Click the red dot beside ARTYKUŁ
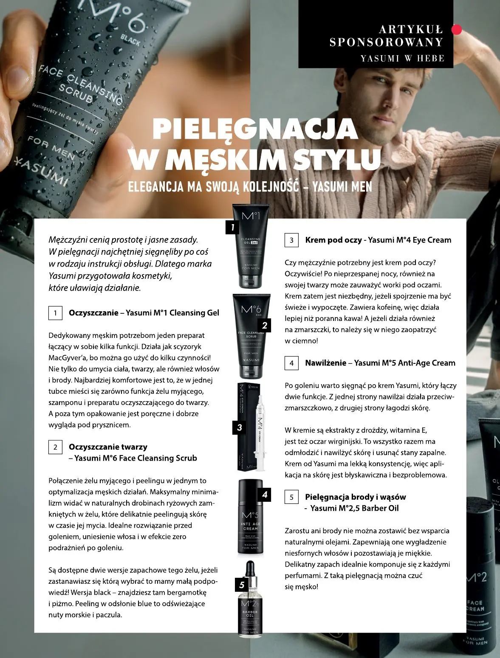[x=456, y=29]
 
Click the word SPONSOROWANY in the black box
[x=386, y=42]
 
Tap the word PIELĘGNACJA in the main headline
[x=255, y=129]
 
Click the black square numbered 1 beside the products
[x=232, y=227]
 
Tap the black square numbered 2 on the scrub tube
[x=264, y=325]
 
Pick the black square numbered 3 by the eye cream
[x=239, y=427]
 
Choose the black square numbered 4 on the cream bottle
[x=265, y=494]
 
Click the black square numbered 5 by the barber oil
[x=242, y=585]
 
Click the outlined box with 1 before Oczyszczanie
[x=55, y=313]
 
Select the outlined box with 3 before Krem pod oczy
[x=291, y=240]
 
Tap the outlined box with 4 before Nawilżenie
[x=291, y=363]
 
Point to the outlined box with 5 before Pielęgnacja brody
[x=291, y=498]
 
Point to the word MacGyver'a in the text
[x=68, y=358]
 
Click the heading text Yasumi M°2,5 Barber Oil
[x=354, y=508]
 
